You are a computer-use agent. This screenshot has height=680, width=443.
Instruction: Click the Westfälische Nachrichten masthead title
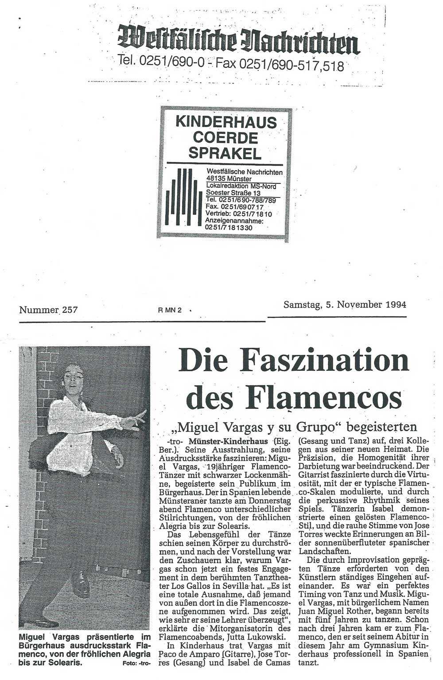[x=238, y=40]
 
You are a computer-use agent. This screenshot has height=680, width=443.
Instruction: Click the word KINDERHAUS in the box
[x=226, y=122]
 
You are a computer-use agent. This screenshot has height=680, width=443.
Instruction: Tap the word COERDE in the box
[x=225, y=137]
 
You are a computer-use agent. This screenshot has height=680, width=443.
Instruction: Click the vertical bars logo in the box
[x=181, y=198]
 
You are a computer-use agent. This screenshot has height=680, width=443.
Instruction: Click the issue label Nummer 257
[x=48, y=310]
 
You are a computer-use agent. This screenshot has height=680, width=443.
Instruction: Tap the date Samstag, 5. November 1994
[x=345, y=305]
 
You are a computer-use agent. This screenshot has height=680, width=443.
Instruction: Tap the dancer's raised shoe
[x=82, y=584]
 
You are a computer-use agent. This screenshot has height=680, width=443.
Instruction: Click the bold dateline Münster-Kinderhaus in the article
[x=222, y=441]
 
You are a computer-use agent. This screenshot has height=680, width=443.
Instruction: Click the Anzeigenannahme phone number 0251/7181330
[x=229, y=227]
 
